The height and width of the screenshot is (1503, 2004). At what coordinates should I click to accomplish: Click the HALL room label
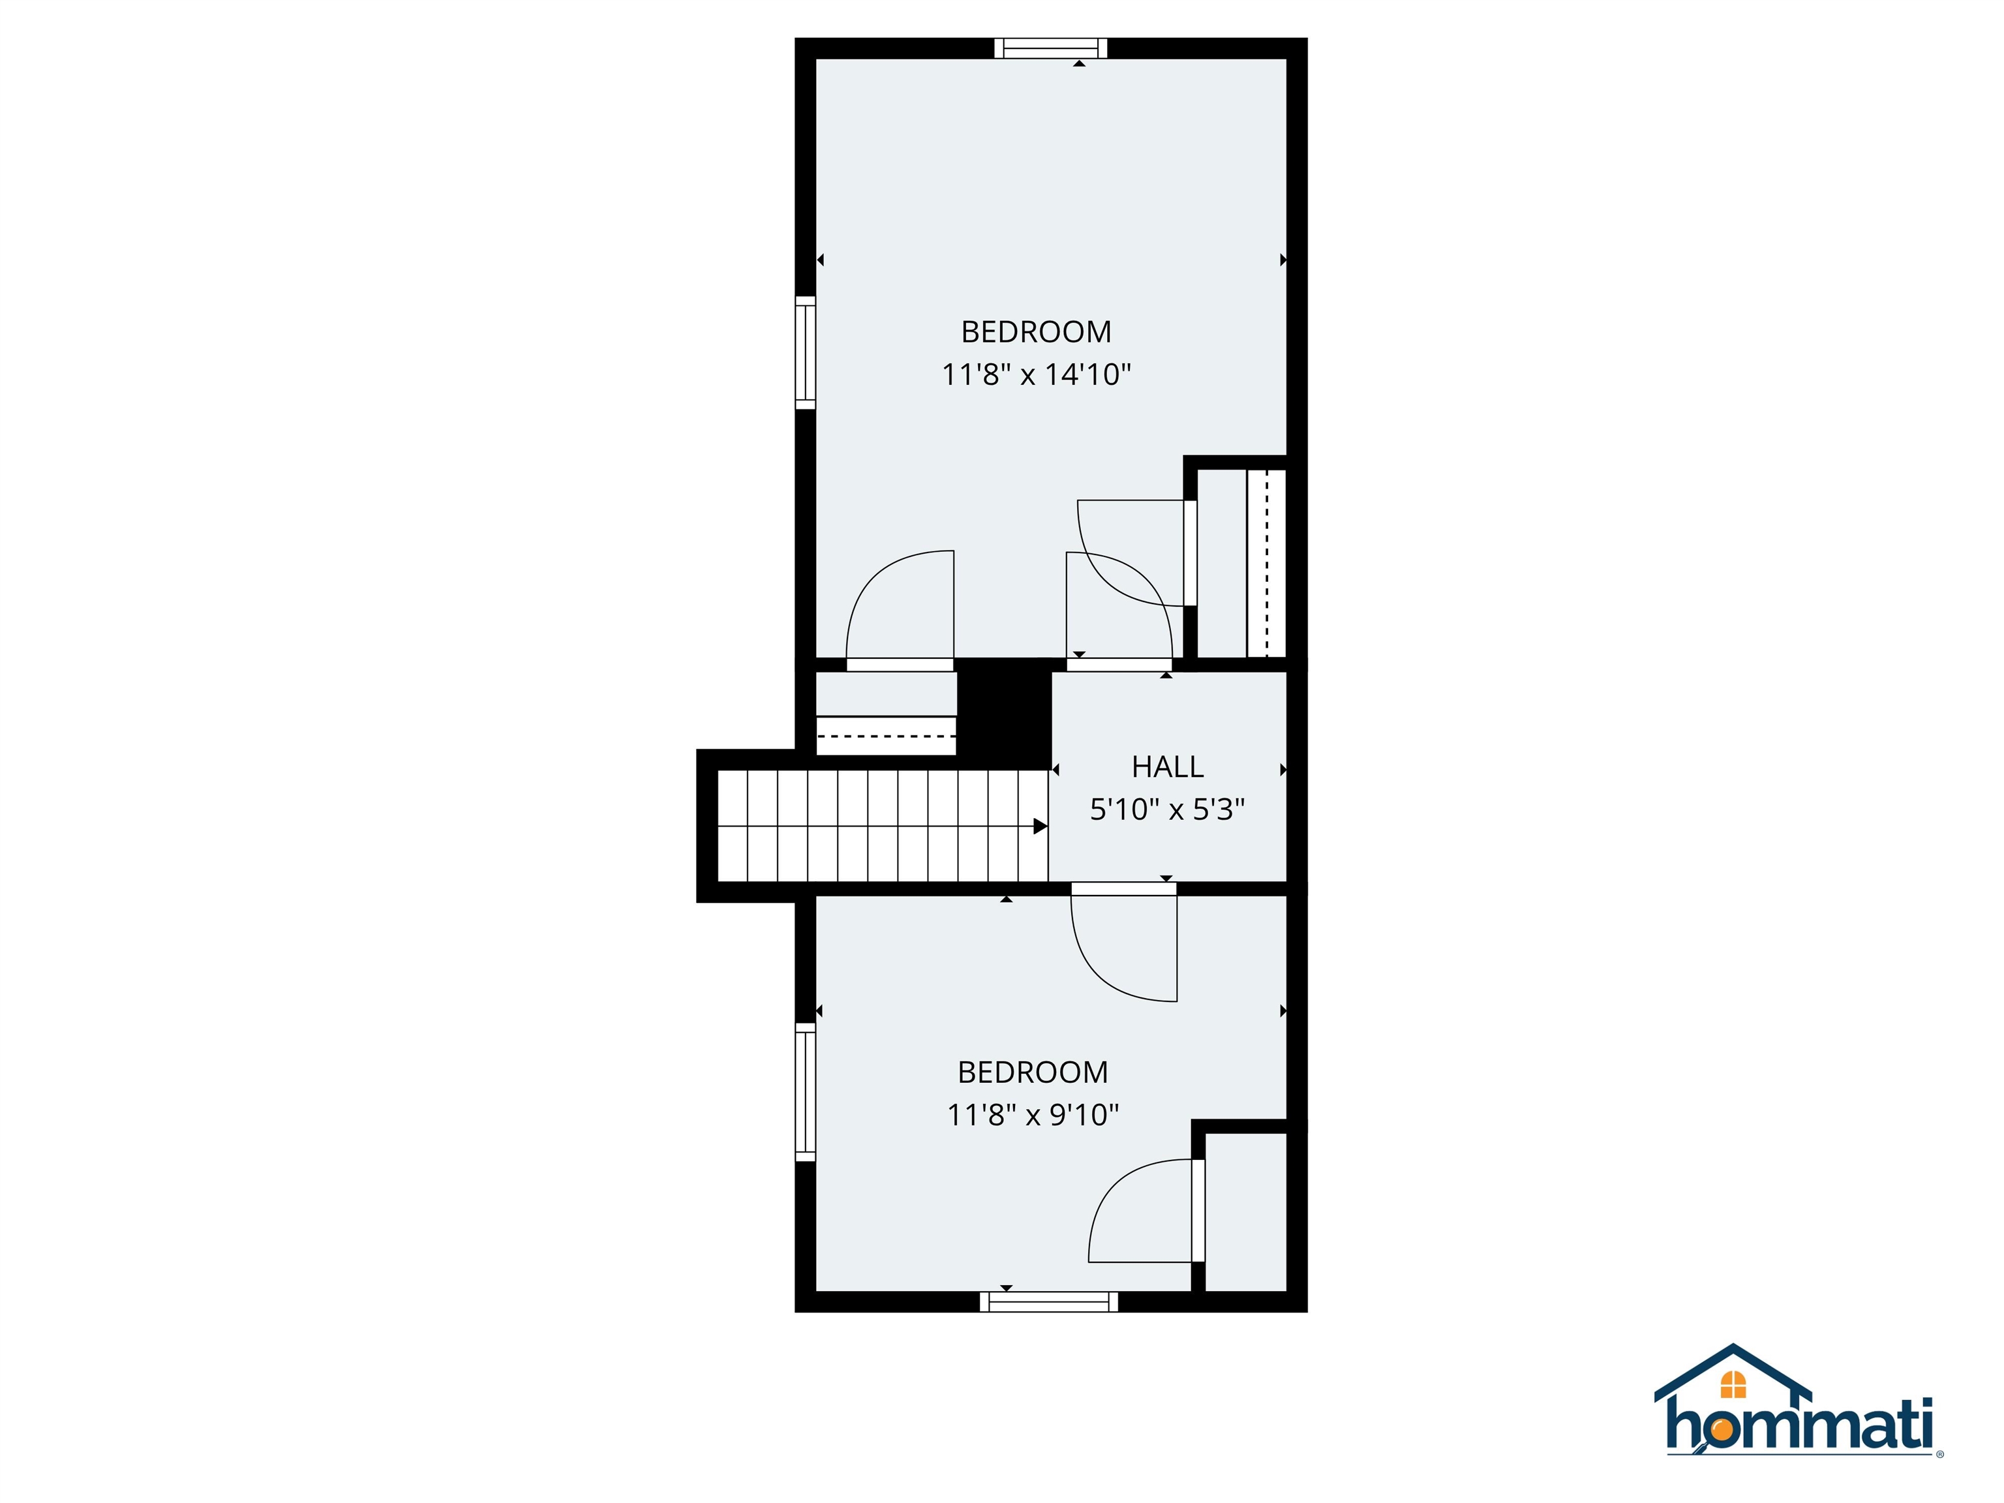tap(1167, 767)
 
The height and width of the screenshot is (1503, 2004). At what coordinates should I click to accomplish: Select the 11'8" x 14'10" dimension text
tap(1037, 374)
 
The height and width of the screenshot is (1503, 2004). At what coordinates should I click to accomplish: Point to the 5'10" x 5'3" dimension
tap(1167, 809)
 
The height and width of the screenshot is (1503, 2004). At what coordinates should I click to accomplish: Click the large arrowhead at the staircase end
tap(1040, 827)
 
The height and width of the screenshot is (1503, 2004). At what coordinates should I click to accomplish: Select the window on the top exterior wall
tap(1051, 48)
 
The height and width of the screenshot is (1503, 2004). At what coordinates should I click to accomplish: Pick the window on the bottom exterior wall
tap(1049, 1302)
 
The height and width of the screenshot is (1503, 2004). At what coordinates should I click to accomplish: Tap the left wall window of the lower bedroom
tap(806, 1091)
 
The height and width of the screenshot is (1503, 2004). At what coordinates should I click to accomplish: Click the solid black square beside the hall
tap(1004, 710)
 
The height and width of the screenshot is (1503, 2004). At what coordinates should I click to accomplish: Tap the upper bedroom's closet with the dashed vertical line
tap(1241, 562)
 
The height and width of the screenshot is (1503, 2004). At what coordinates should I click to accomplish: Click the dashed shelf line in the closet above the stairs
tap(886, 736)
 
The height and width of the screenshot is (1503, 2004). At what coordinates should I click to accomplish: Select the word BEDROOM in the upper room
tap(1037, 333)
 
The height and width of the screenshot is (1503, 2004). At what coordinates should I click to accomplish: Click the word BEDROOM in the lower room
tap(1033, 1072)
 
